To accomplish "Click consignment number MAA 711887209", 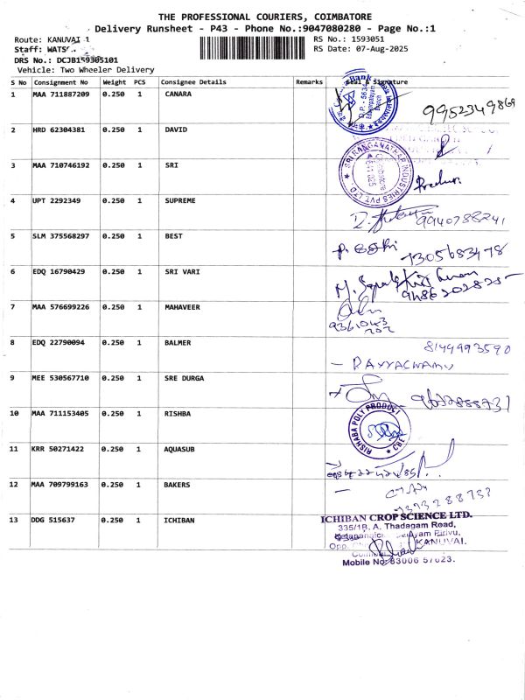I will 60,94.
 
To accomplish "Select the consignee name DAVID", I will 176,129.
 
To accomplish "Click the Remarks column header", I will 309,82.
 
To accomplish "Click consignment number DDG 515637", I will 54,520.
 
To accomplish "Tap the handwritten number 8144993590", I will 465,347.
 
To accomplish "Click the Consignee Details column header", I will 193,82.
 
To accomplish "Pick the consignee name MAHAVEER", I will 184,307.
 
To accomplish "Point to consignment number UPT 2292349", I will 57,200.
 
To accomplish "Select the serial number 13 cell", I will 14,520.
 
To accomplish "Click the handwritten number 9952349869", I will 469,109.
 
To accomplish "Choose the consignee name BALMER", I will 178,342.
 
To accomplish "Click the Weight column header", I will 114,82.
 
